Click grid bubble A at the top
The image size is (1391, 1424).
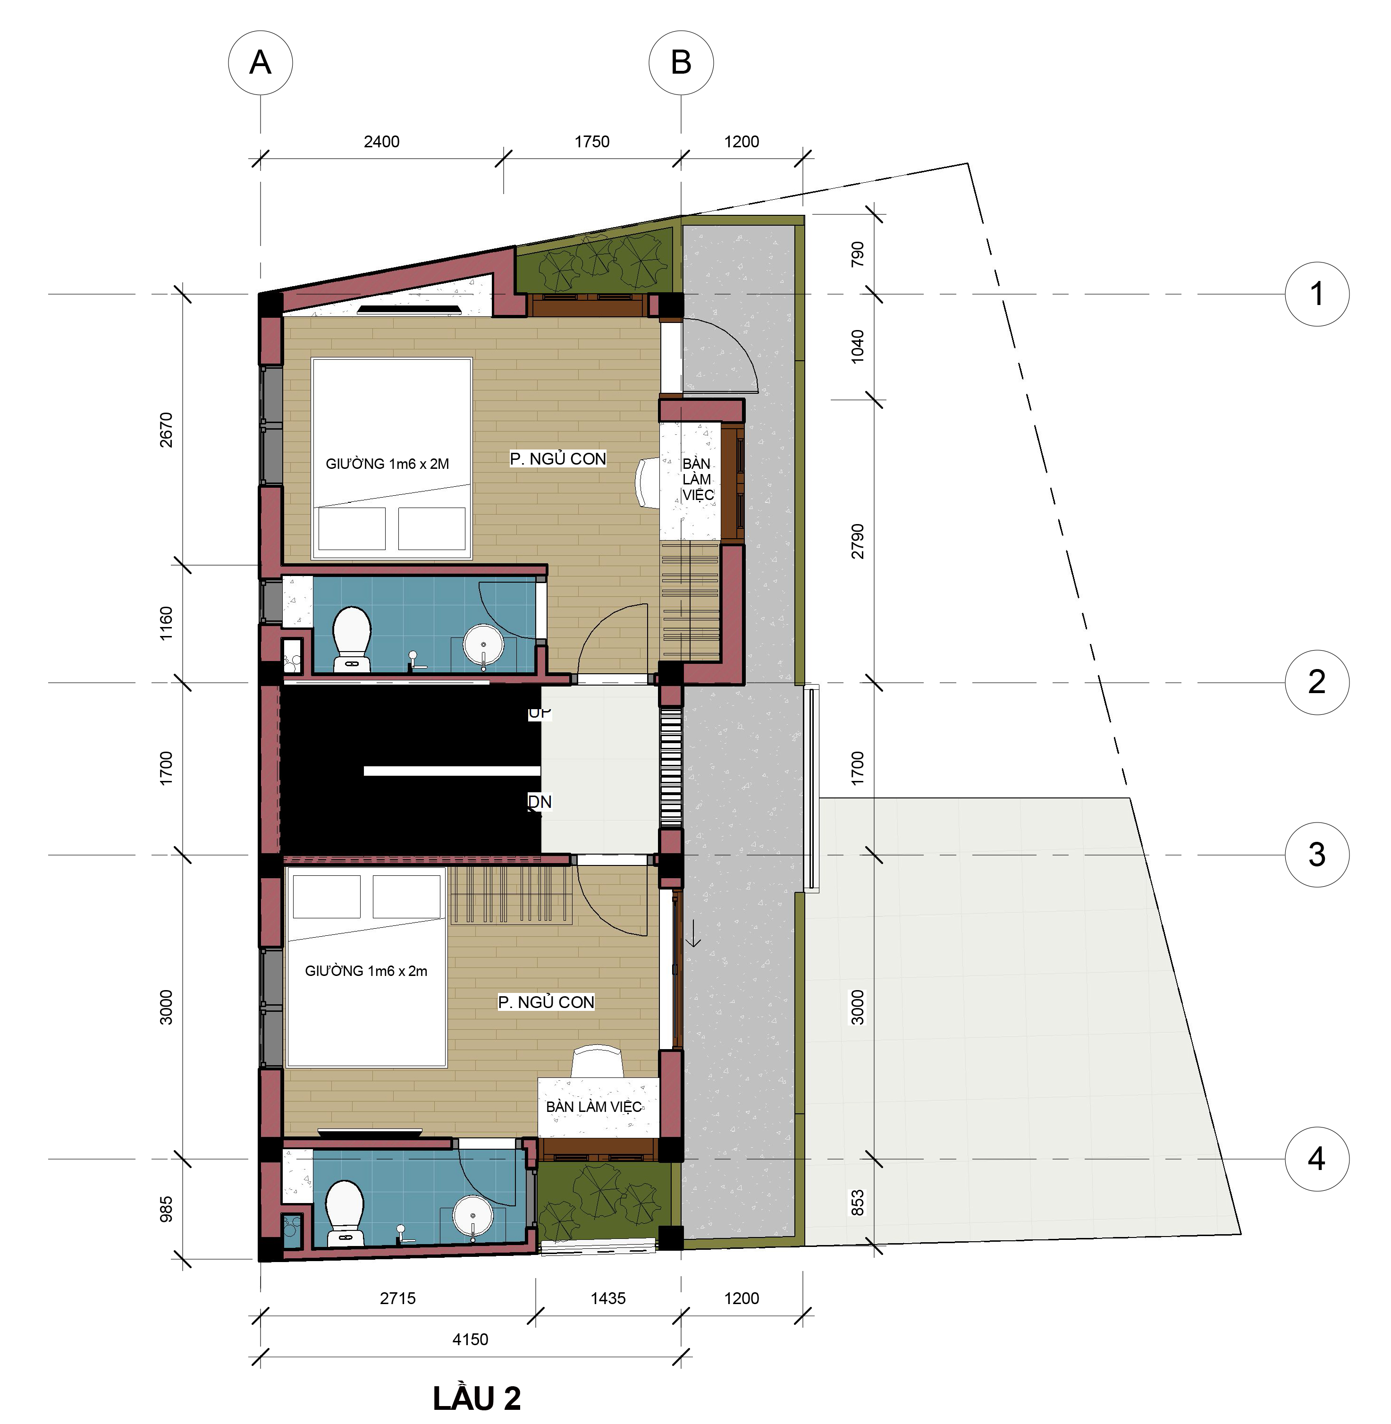click(260, 62)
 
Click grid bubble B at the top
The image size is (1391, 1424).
click(681, 62)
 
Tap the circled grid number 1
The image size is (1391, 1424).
click(1316, 294)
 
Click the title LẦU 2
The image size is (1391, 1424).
click(476, 1398)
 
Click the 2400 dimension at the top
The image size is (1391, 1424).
click(381, 141)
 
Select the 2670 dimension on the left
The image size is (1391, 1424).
click(166, 430)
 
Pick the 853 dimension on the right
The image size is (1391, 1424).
click(858, 1202)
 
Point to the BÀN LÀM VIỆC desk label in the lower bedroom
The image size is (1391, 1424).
click(593, 1106)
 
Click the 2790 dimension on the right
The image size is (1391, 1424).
click(858, 541)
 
